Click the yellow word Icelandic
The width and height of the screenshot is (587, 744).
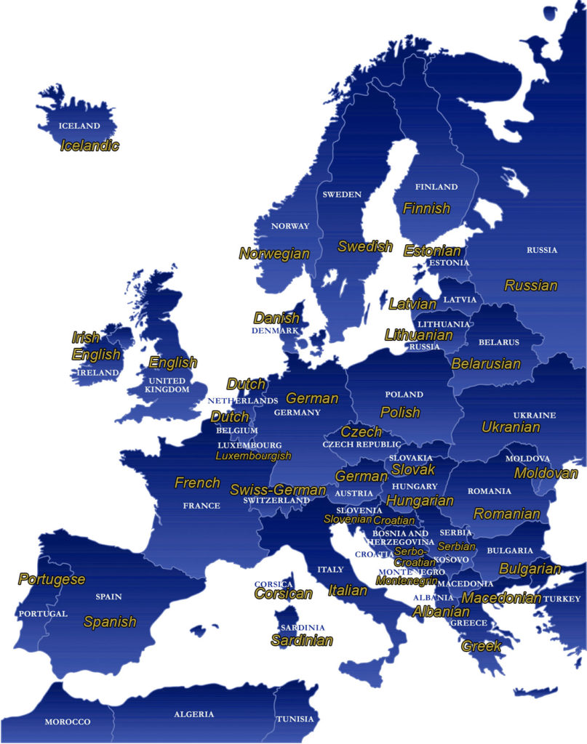[90, 145]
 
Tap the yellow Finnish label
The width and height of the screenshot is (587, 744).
[426, 209]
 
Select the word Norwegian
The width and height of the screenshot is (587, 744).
[274, 254]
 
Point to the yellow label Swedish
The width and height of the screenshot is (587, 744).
[365, 246]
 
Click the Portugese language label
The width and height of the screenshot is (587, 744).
[52, 579]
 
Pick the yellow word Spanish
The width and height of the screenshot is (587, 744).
[110, 621]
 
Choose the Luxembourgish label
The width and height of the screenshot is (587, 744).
[253, 456]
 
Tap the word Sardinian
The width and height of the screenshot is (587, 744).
[302, 640]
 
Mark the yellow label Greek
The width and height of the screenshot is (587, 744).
[482, 645]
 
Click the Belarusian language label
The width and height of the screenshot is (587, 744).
[486, 363]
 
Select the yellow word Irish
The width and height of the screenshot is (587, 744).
[86, 337]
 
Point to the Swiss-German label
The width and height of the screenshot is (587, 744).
[268, 489]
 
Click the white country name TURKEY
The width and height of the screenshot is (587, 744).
[562, 599]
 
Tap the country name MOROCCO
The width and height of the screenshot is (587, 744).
[68, 721]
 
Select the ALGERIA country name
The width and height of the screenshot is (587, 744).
[193, 714]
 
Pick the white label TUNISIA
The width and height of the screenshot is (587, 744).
[295, 719]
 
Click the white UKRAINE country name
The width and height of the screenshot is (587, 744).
[535, 415]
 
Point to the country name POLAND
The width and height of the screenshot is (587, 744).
[404, 394]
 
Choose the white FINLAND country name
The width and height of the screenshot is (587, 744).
[436, 187]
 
